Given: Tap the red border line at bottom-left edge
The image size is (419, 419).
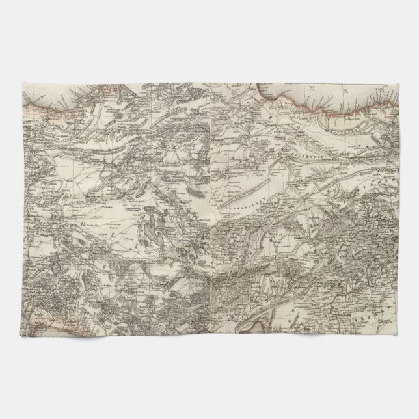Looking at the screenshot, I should [39, 319].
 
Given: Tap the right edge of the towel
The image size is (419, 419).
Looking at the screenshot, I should [397, 208].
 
